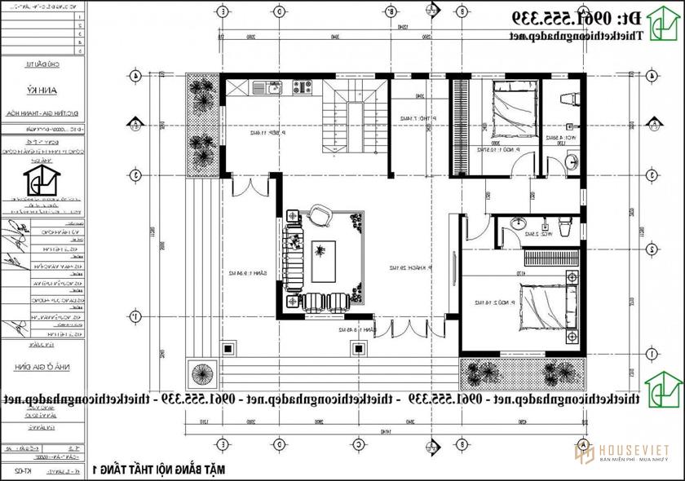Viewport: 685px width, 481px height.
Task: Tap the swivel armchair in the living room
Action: point(319,217)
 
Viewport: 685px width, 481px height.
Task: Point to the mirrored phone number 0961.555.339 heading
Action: point(579,18)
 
